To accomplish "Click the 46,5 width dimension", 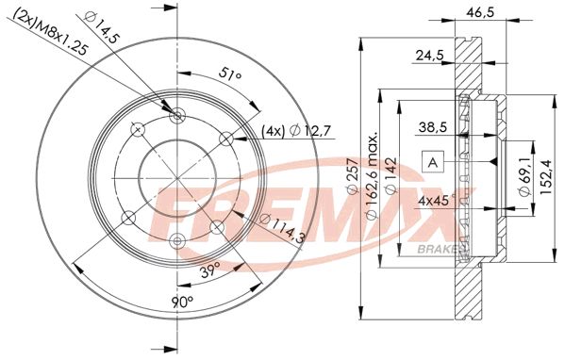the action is [x=480, y=11].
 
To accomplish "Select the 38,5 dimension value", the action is [x=432, y=126].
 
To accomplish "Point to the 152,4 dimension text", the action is [x=546, y=176].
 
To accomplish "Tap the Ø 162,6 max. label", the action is [x=373, y=176].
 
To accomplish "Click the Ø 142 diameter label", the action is [x=391, y=176].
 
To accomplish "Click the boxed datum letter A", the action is [x=433, y=162].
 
